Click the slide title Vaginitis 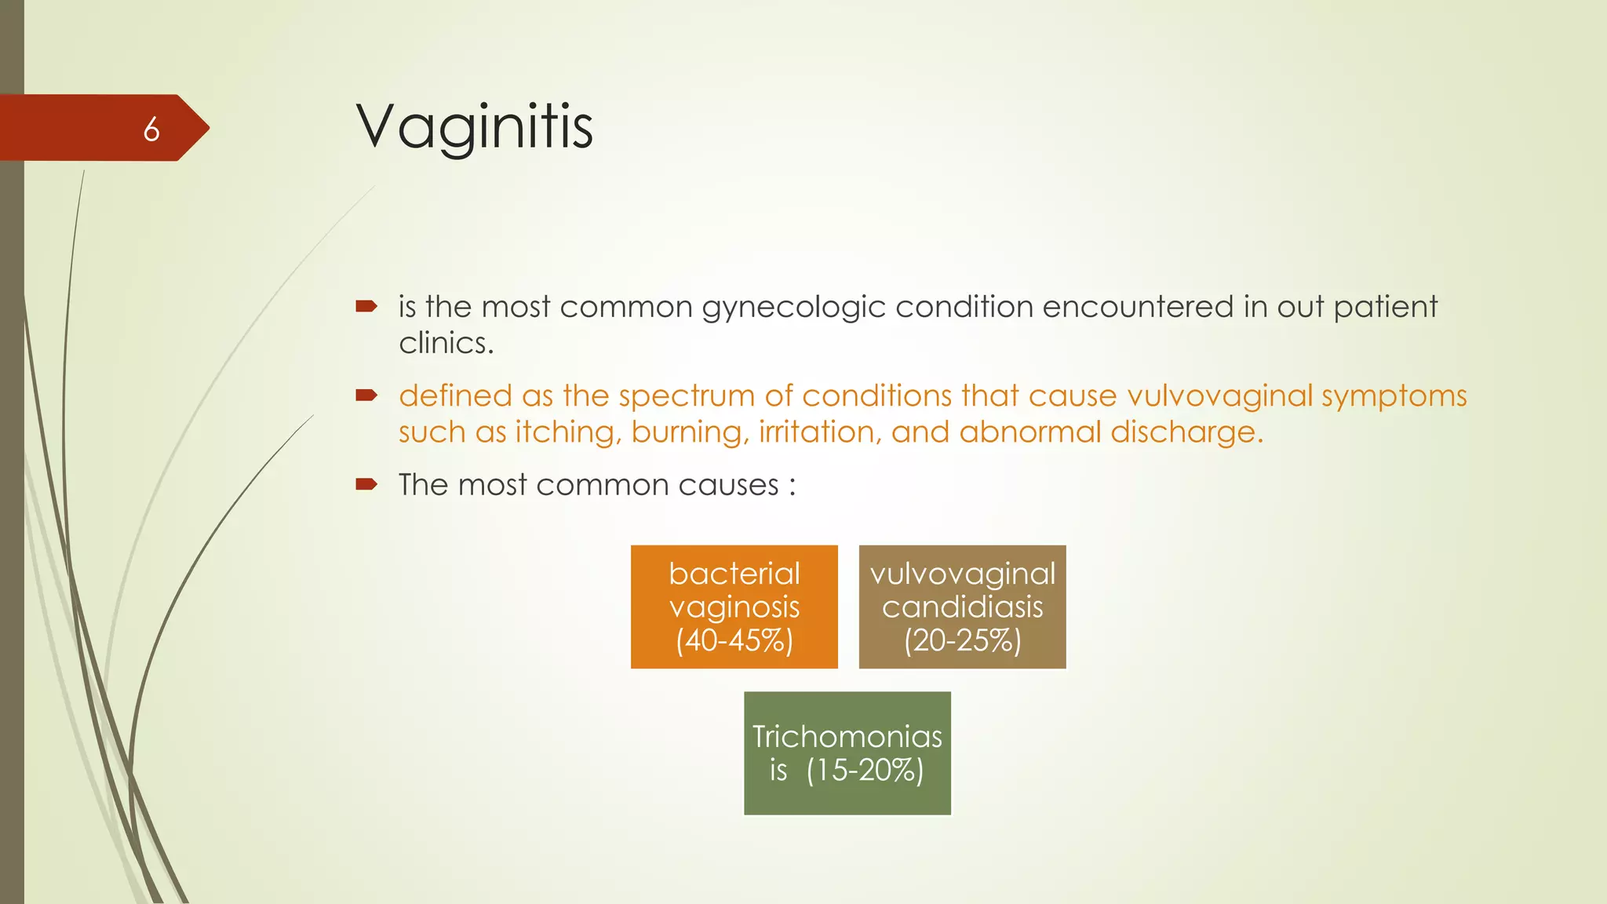474,126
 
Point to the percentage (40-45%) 734,640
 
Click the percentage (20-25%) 962,640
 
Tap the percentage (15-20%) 865,770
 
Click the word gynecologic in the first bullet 793,307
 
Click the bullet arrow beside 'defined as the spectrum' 366,395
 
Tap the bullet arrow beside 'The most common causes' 366,484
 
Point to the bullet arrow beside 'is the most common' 366,306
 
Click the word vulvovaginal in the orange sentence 1219,395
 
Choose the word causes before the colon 728,485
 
